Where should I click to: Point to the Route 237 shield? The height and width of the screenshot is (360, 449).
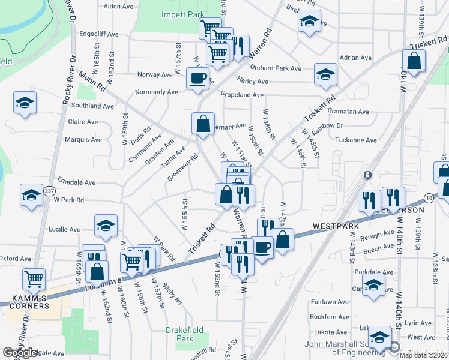click(x=49, y=191)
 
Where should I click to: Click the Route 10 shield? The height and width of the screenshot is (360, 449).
click(x=428, y=197)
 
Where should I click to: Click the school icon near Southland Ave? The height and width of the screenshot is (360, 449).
click(x=25, y=103)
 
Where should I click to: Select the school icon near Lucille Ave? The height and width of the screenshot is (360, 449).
click(x=106, y=225)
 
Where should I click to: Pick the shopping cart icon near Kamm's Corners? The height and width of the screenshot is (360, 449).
click(x=34, y=278)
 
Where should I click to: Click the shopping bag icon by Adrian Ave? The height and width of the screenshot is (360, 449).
click(x=414, y=61)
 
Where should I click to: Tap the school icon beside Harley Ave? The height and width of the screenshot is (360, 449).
click(x=325, y=74)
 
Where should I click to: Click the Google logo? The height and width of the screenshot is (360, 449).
click(x=20, y=353)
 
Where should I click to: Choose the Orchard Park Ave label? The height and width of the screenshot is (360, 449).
click(x=276, y=68)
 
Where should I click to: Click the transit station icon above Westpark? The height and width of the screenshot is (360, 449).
click(x=367, y=175)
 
